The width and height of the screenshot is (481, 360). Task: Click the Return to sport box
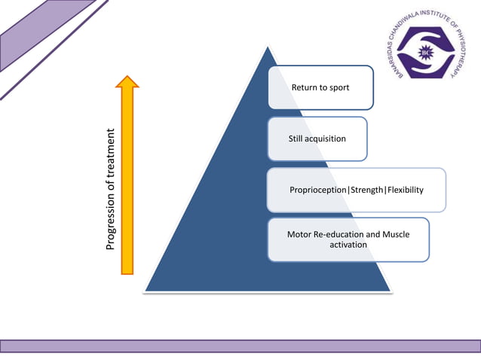pyautogui.click(x=321, y=87)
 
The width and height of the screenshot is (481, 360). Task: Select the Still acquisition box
pyautogui.click(x=317, y=139)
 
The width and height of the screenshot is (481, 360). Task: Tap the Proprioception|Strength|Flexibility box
pyautogui.click(x=356, y=190)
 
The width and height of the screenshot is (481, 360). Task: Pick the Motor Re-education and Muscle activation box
pyautogui.click(x=348, y=239)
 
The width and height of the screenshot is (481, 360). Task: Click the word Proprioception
pyautogui.click(x=317, y=190)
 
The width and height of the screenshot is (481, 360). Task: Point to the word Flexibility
pyautogui.click(x=405, y=190)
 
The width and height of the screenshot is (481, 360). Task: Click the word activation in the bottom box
pyautogui.click(x=348, y=245)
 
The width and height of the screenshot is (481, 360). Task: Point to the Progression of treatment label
pyautogui.click(x=110, y=190)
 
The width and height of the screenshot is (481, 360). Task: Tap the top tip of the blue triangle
pyautogui.click(x=267, y=47)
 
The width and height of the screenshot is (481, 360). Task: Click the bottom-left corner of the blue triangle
pyautogui.click(x=146, y=290)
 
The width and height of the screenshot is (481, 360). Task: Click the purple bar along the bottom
pyautogui.click(x=240, y=346)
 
